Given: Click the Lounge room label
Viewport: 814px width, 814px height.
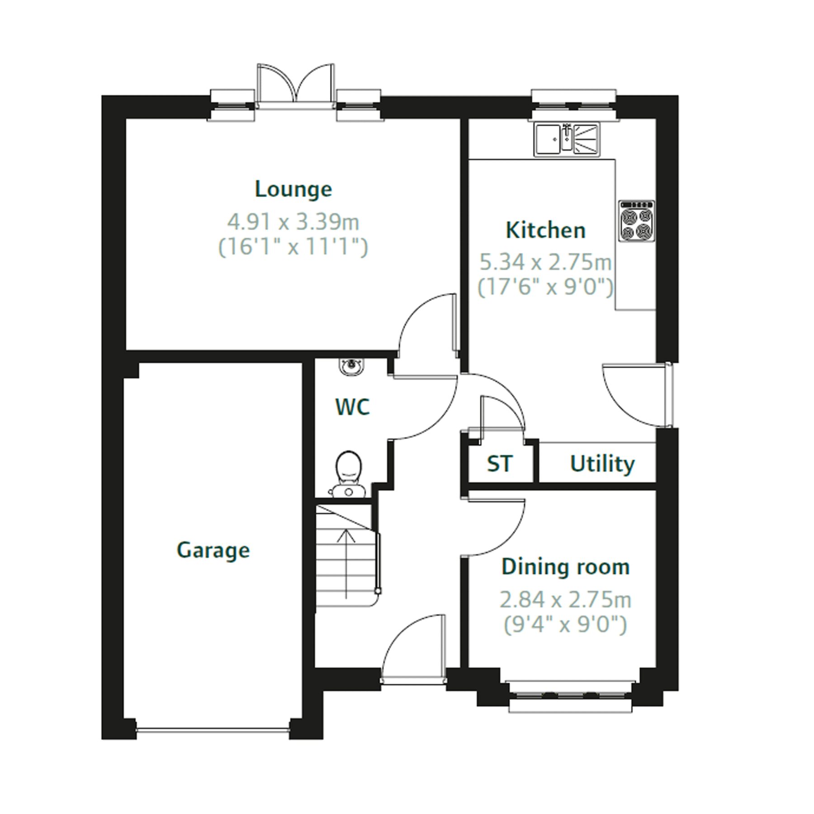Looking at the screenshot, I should point(293,189).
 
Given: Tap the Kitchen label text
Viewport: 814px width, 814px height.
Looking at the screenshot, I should point(545,230).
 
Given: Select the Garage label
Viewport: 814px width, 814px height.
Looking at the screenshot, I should point(213,550).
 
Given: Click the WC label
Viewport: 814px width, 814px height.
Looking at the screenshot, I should point(352,407).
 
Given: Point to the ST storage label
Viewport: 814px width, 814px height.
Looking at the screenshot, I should point(499,464).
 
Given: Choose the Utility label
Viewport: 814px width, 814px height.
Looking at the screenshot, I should point(602,464).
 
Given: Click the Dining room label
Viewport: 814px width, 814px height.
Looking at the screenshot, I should point(565,567).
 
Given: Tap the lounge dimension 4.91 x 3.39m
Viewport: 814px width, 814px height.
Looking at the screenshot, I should point(293,222).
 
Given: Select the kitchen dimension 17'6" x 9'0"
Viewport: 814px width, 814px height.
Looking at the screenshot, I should point(545,287).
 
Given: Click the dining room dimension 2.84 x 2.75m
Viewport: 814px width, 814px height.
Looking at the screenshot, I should point(565,600).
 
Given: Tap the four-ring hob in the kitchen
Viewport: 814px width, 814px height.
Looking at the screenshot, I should point(637,221).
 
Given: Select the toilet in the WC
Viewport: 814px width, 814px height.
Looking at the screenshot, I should point(348,473).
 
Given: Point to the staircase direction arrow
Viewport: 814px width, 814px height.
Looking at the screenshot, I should point(346,563).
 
